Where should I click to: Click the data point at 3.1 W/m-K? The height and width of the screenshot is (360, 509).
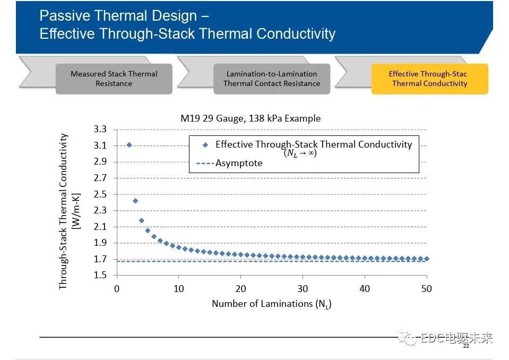click(x=129, y=144)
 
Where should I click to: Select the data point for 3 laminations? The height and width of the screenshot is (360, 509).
click(x=135, y=201)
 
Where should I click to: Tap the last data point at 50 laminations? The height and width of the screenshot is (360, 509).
click(x=426, y=259)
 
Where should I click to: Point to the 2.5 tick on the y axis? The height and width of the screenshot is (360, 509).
click(x=100, y=194)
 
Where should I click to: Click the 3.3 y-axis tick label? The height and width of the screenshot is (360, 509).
click(x=100, y=130)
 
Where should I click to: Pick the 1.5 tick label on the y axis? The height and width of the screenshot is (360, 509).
click(x=100, y=276)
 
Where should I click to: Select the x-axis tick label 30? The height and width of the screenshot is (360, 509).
click(x=303, y=288)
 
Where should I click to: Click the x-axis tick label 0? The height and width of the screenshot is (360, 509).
click(x=117, y=288)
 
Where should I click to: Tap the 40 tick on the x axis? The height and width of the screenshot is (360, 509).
click(x=365, y=288)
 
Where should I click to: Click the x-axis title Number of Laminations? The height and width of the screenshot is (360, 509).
click(x=271, y=304)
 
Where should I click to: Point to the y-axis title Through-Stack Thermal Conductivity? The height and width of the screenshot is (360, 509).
click(x=63, y=211)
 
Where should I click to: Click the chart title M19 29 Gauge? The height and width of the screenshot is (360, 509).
click(x=251, y=118)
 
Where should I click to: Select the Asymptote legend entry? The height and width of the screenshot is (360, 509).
click(x=238, y=163)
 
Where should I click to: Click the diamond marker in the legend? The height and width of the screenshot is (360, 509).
click(x=205, y=144)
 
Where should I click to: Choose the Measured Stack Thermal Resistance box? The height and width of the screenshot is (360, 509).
click(x=114, y=79)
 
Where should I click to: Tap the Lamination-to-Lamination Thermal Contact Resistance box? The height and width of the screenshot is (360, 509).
click(x=272, y=79)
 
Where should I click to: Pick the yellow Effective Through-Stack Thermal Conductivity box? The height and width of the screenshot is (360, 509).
click(x=429, y=79)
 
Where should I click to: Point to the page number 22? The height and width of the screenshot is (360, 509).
click(x=466, y=346)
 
